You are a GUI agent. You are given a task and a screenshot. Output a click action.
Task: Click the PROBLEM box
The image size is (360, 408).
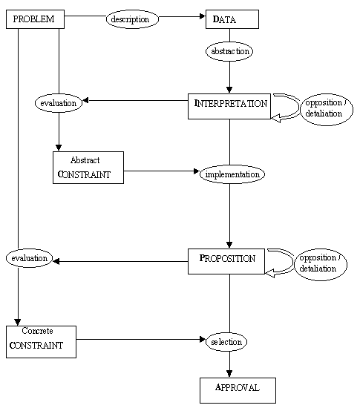[x=35, y=19]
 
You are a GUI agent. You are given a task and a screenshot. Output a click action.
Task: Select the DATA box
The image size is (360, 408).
[x=232, y=19]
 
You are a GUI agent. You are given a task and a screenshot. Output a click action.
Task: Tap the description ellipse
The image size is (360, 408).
[x=132, y=19]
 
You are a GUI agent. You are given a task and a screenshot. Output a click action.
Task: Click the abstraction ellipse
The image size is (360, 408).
[x=229, y=51]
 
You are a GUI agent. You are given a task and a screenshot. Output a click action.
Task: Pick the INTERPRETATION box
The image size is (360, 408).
[x=229, y=106]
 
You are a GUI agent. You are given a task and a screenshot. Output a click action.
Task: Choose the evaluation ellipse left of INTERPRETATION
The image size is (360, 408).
[x=59, y=103]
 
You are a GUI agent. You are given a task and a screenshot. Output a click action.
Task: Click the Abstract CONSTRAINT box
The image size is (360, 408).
[x=88, y=168]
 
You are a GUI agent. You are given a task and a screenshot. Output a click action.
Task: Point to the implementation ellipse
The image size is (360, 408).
[x=232, y=174]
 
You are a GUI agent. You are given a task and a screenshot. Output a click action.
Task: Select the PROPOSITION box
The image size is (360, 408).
[x=226, y=261]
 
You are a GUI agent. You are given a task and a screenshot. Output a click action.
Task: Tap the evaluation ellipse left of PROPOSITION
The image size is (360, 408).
[x=29, y=258]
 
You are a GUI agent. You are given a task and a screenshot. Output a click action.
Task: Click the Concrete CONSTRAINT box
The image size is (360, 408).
[x=41, y=342]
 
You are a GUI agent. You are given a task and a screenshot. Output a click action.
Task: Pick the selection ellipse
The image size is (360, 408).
[x=226, y=342]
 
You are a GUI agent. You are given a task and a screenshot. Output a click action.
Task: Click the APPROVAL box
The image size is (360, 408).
[x=238, y=390]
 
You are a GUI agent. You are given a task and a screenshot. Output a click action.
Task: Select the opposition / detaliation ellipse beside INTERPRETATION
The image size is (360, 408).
[x=327, y=110]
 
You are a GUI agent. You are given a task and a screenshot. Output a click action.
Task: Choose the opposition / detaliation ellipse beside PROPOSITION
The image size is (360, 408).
[x=321, y=264]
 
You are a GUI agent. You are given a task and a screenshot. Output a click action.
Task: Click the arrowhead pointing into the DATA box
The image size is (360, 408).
[x=203, y=16]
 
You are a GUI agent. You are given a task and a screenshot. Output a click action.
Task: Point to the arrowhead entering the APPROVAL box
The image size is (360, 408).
[x=229, y=374]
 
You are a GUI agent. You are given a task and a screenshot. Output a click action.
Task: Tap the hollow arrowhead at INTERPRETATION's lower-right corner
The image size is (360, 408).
[x=276, y=119]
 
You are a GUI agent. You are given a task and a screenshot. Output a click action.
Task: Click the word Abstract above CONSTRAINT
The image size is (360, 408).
[x=85, y=160]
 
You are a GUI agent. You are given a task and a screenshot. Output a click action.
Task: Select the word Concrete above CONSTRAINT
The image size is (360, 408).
[x=37, y=331]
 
